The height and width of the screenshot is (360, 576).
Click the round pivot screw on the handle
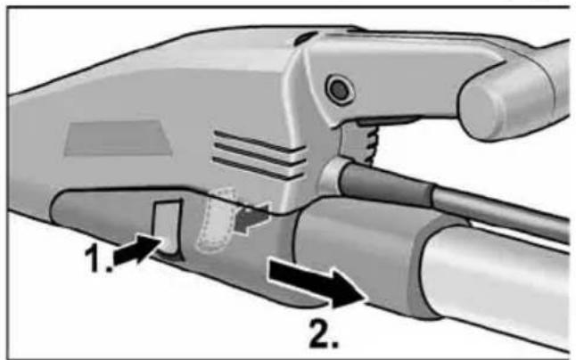pos(338,88)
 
